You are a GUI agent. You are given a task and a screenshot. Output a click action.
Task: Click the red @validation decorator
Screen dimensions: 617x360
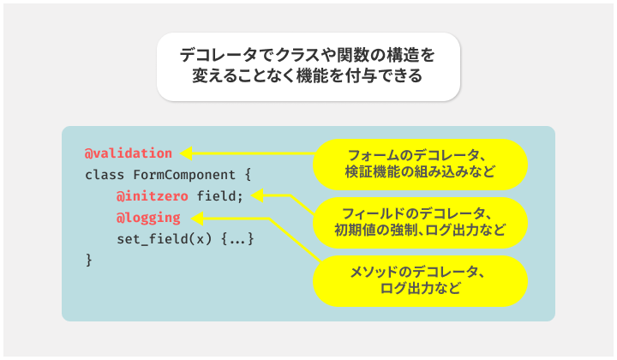[x=129, y=153]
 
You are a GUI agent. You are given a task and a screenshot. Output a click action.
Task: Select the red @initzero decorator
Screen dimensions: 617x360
[x=152, y=196]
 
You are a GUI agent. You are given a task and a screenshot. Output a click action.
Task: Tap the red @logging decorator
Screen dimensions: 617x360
[x=148, y=218]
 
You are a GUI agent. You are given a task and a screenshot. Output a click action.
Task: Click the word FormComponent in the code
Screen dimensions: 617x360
[x=184, y=175]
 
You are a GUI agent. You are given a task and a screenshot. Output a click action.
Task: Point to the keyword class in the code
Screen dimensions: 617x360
[x=105, y=175]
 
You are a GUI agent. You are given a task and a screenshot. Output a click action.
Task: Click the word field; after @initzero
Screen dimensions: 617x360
[x=220, y=196]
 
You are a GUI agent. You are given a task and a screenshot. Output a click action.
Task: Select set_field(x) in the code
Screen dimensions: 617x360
[x=164, y=239]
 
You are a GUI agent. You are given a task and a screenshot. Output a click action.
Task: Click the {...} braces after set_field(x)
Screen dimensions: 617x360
[x=237, y=239]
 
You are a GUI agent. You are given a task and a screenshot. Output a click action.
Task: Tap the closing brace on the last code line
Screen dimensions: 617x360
[x=89, y=261]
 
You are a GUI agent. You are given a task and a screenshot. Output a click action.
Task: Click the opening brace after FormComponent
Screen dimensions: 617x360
[x=248, y=175]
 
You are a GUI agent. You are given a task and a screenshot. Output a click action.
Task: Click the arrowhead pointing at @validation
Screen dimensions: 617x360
[x=186, y=153]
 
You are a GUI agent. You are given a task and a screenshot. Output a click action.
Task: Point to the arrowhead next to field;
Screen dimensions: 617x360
[x=257, y=195]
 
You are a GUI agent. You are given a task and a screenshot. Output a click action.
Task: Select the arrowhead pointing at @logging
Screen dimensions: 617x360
[x=197, y=219]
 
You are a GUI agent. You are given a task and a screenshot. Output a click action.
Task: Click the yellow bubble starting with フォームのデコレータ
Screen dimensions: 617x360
[x=420, y=165]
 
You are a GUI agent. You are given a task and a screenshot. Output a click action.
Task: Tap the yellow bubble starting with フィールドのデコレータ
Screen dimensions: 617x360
[x=420, y=223]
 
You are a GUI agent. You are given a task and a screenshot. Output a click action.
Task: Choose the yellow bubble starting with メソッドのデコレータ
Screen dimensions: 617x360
[x=420, y=281]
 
